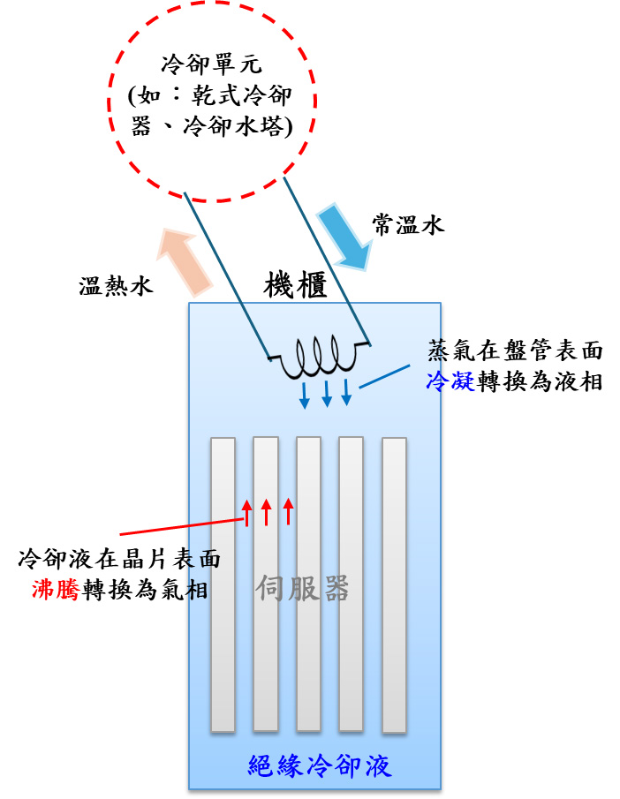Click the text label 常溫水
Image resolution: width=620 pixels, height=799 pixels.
408,226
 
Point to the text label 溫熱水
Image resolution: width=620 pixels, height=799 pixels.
116,287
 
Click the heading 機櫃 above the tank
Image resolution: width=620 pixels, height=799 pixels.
296,285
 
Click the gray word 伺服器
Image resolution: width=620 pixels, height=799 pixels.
303,587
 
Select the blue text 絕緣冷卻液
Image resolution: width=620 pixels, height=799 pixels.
320,765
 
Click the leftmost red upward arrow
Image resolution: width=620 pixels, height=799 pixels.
248,511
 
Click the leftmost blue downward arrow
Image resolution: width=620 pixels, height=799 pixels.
305,394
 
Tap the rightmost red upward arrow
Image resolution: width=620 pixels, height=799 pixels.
288,511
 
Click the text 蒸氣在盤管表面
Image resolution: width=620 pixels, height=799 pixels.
515,351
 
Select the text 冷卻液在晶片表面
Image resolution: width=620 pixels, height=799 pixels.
119,559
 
